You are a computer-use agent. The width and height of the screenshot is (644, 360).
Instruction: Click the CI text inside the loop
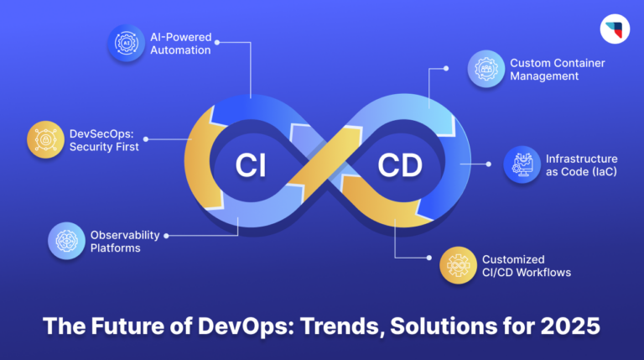tap(249, 166)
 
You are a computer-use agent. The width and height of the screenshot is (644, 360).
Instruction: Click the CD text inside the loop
tap(402, 166)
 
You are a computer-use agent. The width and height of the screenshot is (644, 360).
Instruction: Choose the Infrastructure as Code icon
tap(522, 164)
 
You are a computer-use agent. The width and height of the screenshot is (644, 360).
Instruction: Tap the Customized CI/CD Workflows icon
tap(458, 266)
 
